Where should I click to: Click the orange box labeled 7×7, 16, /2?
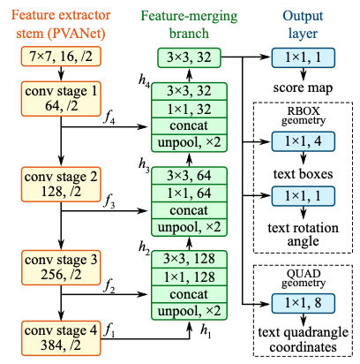click(61, 57)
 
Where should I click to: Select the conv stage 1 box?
click(61, 99)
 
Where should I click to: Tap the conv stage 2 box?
click(61, 185)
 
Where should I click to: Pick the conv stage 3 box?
click(61, 268)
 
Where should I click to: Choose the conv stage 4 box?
click(61, 338)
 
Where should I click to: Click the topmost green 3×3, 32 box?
click(189, 57)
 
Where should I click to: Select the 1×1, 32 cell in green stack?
click(189, 110)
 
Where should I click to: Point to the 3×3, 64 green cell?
click(189, 176)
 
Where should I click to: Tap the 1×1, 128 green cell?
click(189, 277)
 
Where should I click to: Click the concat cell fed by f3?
click(189, 210)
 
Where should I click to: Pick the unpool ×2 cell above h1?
click(189, 311)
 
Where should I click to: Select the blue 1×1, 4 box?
click(303, 141)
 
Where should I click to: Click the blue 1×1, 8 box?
click(303, 303)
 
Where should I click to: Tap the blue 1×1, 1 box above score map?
click(303, 57)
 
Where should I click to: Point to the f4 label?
click(109, 118)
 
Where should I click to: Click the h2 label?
click(144, 248)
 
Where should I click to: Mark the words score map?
click(303, 87)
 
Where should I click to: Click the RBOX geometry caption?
click(304, 116)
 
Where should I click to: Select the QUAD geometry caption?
click(304, 278)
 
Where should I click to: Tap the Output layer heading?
click(303, 25)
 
